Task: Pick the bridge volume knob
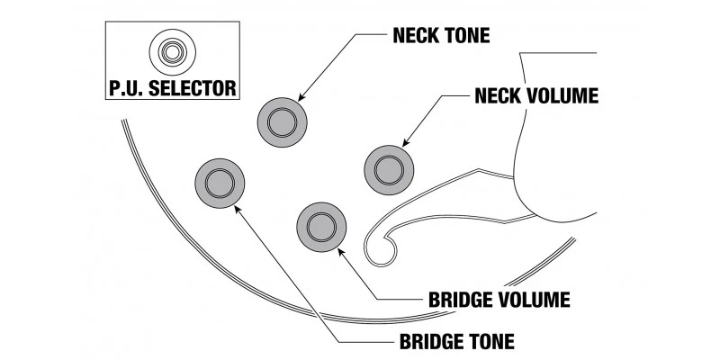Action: pyautogui.click(x=321, y=224)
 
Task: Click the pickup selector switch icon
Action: pyautogui.click(x=168, y=52)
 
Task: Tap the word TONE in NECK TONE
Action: pyautogui.click(x=469, y=38)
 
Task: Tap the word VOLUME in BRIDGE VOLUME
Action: pyautogui.click(x=535, y=298)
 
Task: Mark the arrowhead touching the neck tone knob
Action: pyautogui.click(x=300, y=97)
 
